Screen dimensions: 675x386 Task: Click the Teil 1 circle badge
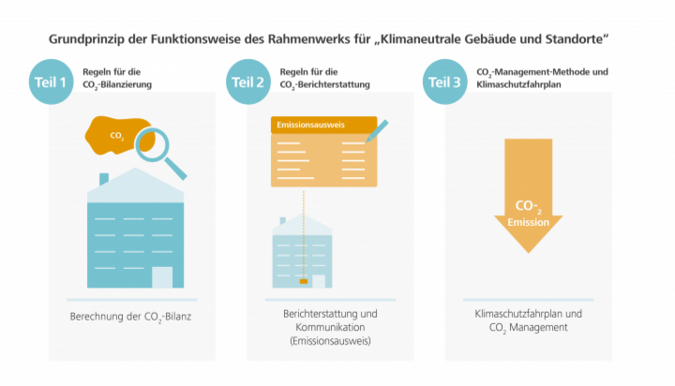(x=51, y=82)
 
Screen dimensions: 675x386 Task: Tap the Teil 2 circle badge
(x=247, y=82)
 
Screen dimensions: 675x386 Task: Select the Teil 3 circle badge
(x=444, y=82)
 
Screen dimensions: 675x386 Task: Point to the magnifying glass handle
(x=175, y=169)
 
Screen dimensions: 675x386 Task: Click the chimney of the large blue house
(x=104, y=179)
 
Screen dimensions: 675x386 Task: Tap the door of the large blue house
(x=162, y=277)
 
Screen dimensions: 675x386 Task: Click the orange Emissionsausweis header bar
(x=323, y=125)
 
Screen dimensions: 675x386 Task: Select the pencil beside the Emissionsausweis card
(x=377, y=131)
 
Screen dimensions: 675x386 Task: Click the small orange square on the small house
(x=304, y=281)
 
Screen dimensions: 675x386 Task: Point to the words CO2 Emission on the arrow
(x=528, y=214)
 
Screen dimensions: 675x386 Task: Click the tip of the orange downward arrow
(x=529, y=253)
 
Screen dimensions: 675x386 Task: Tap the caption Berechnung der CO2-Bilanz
(x=130, y=318)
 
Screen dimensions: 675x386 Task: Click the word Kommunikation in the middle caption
(x=330, y=327)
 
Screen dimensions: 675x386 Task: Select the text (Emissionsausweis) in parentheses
(x=330, y=341)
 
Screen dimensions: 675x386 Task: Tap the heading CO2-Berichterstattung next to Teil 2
(x=324, y=84)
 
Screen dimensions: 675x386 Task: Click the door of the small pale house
(x=319, y=281)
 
